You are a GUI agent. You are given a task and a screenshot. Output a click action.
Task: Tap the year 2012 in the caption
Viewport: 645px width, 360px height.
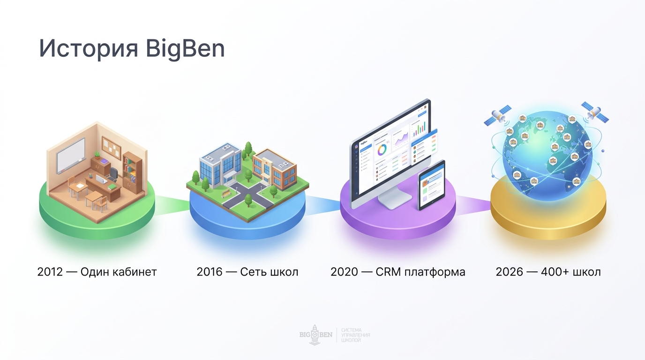[x=50, y=272]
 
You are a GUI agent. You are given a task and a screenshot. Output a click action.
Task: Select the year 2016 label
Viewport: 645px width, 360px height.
[x=210, y=272]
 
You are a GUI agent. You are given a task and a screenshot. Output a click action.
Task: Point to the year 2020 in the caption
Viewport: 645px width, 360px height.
[x=344, y=272]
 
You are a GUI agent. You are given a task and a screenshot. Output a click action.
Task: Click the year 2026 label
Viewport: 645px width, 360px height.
[x=509, y=272]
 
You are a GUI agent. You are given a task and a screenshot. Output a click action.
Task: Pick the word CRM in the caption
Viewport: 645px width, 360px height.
[x=389, y=272]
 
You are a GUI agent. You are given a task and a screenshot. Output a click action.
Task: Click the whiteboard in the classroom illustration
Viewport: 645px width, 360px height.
[x=71, y=155]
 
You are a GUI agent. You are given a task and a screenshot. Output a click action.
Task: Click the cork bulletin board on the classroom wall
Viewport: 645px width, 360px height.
[x=111, y=146]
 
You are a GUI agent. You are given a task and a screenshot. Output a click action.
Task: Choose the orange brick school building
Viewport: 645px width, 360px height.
[x=274, y=168]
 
